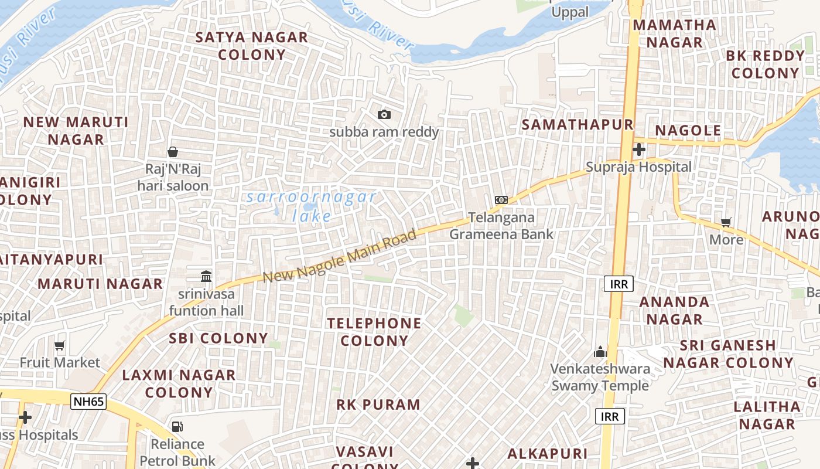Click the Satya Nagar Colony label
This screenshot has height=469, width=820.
(x=252, y=46)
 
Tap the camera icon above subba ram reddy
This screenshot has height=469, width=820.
(x=384, y=114)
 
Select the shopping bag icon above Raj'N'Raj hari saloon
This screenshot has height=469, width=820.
(x=173, y=152)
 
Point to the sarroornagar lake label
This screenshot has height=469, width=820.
(x=312, y=206)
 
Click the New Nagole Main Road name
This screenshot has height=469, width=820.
(x=339, y=256)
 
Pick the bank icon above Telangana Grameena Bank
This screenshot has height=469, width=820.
(x=501, y=200)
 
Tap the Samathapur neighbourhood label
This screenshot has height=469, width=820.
(x=578, y=124)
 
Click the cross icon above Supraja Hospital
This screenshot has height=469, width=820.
(x=639, y=149)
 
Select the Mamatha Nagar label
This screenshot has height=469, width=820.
(x=675, y=33)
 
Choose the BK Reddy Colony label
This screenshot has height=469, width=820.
(x=765, y=64)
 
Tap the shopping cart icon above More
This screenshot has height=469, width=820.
(x=726, y=222)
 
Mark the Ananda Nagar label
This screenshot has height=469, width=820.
(x=674, y=311)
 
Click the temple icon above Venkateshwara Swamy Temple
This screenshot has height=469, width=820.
(x=600, y=352)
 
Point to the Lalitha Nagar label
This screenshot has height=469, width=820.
(x=767, y=415)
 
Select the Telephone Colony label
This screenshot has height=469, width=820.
(x=374, y=332)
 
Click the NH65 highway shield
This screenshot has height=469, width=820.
(x=88, y=402)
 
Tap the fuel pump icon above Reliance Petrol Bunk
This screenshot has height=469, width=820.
(x=177, y=427)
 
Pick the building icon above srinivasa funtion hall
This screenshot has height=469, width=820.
(x=206, y=276)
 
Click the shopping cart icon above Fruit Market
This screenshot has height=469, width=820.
(x=60, y=345)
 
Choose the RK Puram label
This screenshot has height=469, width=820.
(x=378, y=405)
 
